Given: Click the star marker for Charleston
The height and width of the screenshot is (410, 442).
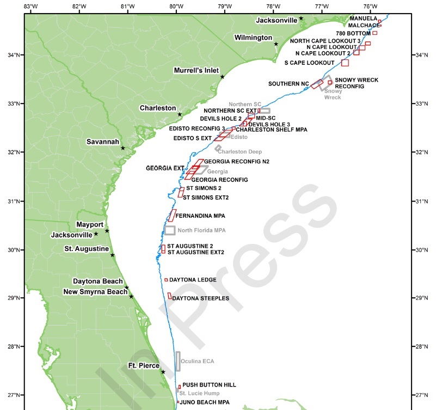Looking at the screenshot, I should coord(180,114).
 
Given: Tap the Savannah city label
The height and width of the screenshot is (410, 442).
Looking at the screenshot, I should coord(103,142).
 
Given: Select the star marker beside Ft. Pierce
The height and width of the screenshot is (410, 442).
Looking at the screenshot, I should coord(163,372).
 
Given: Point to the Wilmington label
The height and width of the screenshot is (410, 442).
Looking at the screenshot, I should coord(253,38).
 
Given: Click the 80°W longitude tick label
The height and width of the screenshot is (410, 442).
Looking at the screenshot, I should coord(176,6).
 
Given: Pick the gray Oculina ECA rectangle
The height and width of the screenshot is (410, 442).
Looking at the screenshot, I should coord(177,361).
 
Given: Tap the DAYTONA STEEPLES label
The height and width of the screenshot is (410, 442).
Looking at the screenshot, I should coord(200,298).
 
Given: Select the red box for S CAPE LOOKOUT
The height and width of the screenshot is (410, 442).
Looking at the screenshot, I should coord(345,63).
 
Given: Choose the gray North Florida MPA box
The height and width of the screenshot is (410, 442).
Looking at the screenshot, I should coord(170,230).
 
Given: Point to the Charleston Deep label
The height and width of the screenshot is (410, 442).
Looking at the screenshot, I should coord(240,152).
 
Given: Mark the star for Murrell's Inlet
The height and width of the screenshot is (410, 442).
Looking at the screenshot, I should coord(223,77).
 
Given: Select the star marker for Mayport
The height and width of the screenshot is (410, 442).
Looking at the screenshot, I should coord(107,231).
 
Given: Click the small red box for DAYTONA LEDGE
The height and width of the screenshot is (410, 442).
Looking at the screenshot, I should coord(166,280).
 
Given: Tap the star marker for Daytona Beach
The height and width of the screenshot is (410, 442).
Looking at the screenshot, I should coord(126,287).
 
